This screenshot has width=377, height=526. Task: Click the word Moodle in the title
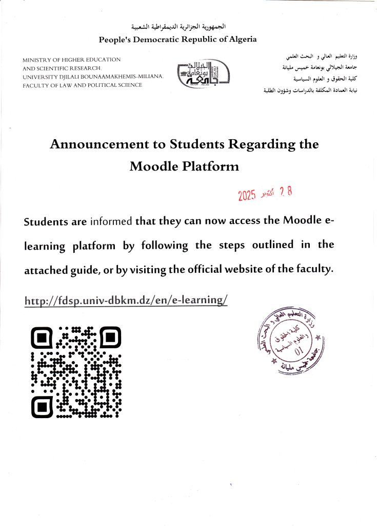click(151, 166)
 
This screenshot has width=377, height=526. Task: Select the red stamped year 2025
click(247, 196)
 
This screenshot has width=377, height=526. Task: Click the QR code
click(76, 372)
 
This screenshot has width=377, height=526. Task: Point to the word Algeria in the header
click(239, 39)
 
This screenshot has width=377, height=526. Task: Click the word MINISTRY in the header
click(41, 60)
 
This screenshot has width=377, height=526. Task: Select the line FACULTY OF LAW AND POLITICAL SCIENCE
click(82, 85)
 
